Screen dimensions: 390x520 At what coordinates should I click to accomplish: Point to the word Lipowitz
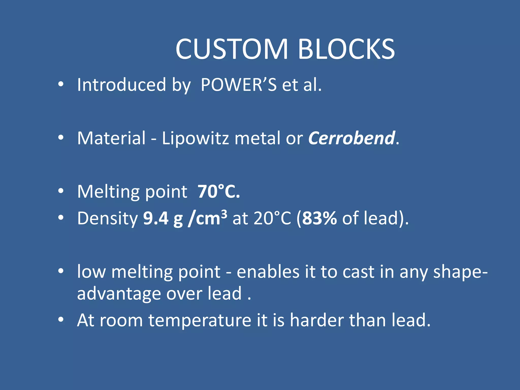point(196,138)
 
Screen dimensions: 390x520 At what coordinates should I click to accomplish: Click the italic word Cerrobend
point(352,138)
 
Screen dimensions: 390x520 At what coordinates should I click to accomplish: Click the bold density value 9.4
point(156,218)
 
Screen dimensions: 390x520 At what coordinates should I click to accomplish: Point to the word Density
point(107,219)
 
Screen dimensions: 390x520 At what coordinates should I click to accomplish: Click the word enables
point(268,272)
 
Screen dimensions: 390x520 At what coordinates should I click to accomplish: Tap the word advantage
point(119,294)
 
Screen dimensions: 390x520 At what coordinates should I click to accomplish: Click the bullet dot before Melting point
point(61,191)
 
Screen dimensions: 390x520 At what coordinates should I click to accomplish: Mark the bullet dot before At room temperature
point(61,320)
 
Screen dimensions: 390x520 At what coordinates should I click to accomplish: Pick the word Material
point(111,138)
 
